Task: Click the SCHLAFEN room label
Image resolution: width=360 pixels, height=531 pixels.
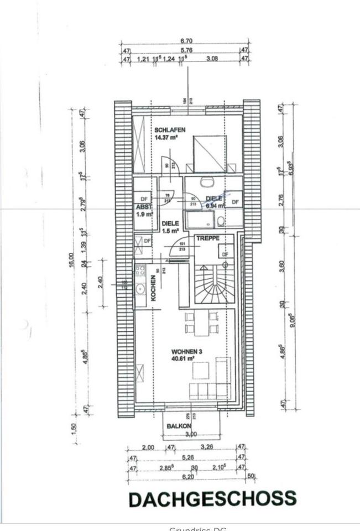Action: point(166,130)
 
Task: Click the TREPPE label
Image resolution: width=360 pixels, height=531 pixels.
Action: point(208,238)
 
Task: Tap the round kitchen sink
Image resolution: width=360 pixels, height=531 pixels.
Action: point(140,288)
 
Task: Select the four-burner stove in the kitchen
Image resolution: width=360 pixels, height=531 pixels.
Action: point(140,271)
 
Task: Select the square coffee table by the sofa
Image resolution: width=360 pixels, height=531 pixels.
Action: point(200,369)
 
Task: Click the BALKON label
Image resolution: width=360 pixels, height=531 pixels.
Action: point(179,426)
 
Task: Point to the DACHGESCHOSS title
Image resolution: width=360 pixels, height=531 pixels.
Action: point(212,499)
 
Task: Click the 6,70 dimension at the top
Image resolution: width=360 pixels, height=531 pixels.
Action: point(186,41)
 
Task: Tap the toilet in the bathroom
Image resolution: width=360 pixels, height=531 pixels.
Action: point(221,222)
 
